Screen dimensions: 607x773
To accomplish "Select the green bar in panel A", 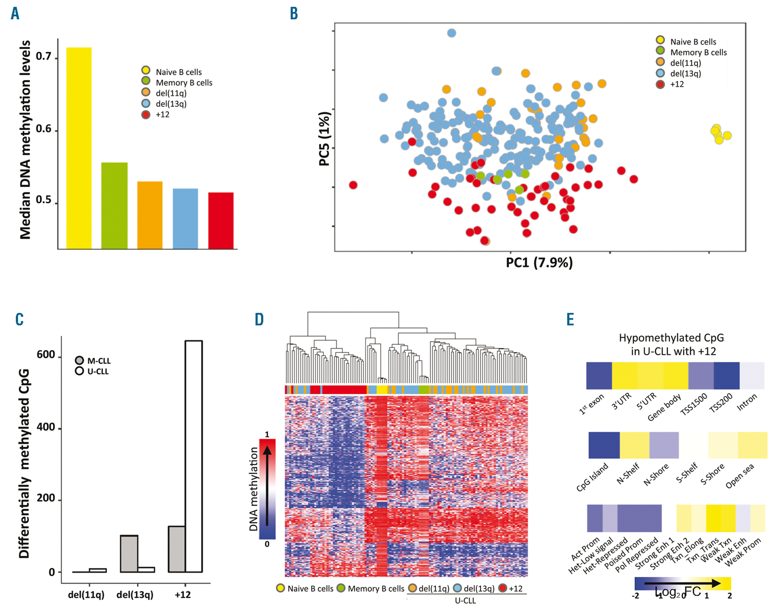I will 114,206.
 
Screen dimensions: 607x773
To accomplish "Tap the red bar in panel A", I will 221,221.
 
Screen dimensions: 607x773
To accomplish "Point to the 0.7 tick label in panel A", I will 44,56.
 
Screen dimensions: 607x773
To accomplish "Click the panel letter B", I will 294,14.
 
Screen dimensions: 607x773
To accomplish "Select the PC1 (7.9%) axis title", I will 539,263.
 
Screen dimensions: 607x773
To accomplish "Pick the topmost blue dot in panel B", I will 451,33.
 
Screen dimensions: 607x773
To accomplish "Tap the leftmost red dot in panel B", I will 353,185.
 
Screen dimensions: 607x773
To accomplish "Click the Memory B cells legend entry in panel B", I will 698,52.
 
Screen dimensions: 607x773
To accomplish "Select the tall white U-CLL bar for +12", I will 194,456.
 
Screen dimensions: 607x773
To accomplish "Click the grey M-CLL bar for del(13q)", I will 129,553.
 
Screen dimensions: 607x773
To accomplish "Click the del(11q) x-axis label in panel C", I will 86,594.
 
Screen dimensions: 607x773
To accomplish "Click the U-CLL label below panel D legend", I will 465,600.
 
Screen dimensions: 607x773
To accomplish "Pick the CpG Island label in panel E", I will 592,477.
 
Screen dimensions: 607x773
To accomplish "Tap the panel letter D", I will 259,320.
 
